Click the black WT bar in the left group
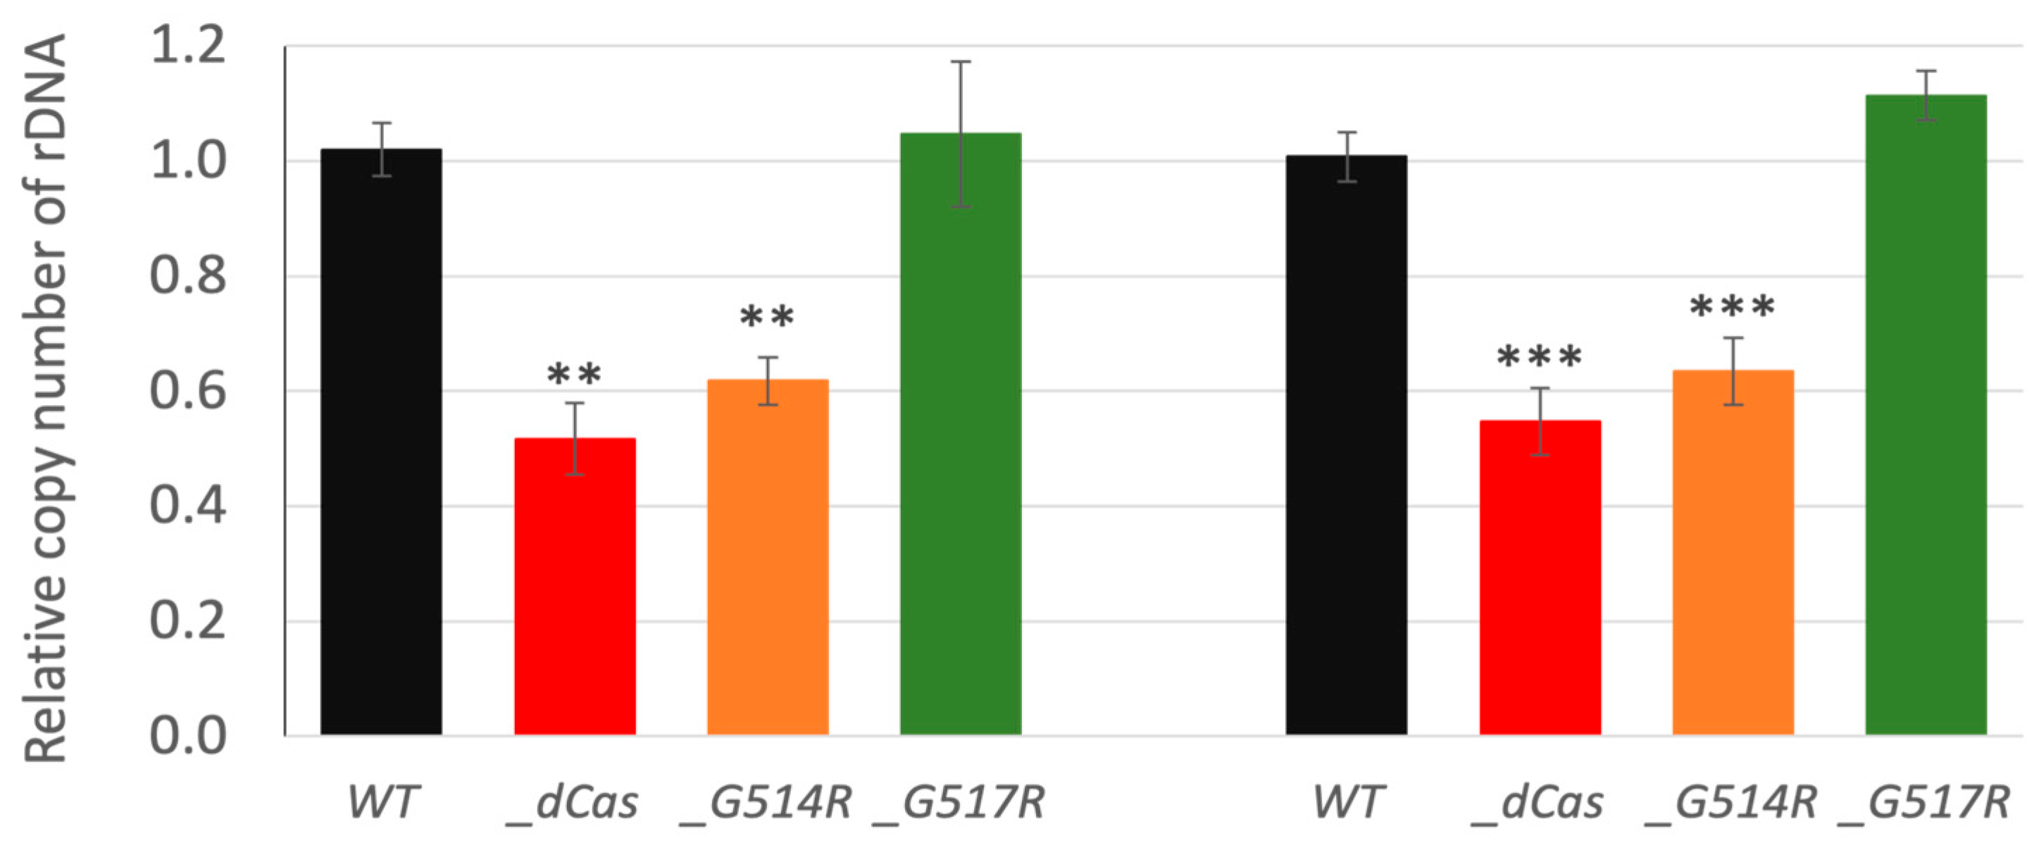click(x=382, y=442)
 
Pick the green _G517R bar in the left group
click(x=960, y=435)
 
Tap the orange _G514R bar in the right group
click(x=1733, y=553)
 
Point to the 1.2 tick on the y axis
click(x=188, y=46)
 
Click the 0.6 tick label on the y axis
click(x=188, y=391)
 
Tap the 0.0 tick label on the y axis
click(x=188, y=736)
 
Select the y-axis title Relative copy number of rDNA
click(x=46, y=399)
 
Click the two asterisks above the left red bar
click(x=574, y=374)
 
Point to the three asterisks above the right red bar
click(x=1540, y=357)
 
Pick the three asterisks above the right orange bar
click(x=1733, y=306)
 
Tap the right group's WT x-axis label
click(x=1347, y=802)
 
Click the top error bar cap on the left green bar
click(x=960, y=61)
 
